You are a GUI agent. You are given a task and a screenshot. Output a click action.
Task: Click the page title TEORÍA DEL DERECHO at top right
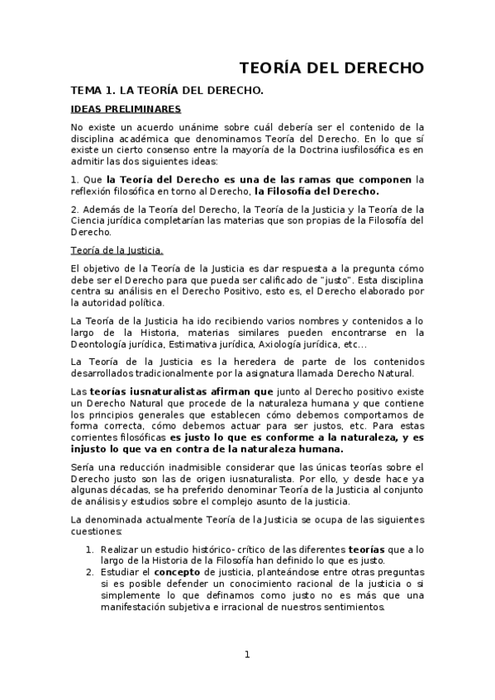(331, 68)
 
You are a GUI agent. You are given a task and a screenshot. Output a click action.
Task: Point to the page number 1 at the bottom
(246, 655)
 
